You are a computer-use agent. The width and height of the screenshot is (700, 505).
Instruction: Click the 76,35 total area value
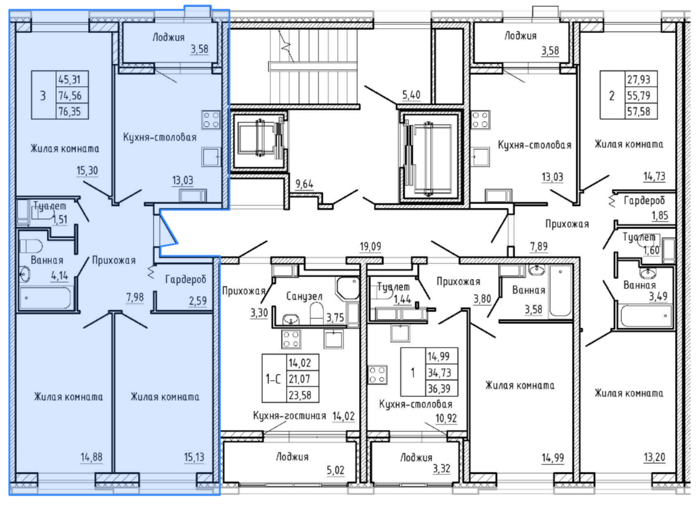70,111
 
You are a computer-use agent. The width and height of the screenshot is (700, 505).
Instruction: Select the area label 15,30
87,170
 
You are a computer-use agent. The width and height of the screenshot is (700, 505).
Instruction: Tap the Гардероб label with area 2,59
185,280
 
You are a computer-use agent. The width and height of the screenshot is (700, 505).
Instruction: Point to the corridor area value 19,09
370,246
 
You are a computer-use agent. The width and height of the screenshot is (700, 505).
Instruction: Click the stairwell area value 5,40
411,95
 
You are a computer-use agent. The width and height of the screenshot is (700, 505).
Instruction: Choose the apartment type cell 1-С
274,379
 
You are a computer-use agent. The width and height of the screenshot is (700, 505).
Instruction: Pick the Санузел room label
304,296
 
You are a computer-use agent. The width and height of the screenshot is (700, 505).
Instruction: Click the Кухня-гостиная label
289,416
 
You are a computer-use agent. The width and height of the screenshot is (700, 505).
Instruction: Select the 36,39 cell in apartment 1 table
439,388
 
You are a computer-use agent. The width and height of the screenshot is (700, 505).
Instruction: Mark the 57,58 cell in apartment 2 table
639,110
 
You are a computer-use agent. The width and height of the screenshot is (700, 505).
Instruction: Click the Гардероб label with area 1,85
644,201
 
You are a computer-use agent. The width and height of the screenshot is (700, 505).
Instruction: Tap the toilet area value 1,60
651,250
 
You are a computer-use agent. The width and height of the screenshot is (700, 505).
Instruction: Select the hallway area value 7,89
539,246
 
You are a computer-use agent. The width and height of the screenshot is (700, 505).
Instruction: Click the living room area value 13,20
654,457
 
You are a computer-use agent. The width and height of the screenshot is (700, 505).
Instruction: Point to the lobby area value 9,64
305,184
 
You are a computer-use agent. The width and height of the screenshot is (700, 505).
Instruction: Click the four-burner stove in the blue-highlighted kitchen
211,119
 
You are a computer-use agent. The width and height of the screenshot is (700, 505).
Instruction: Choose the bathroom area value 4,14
59,275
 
